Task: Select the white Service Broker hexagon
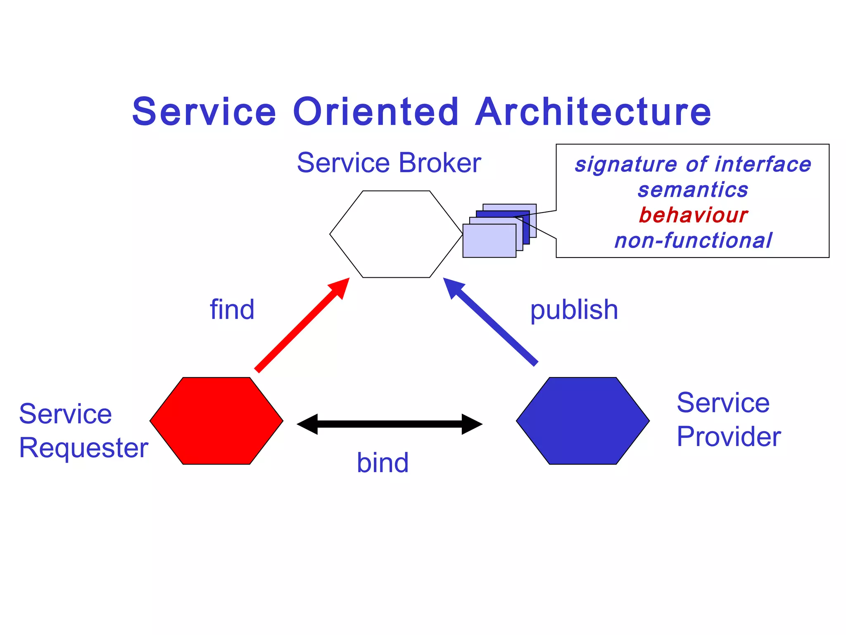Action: click(x=396, y=234)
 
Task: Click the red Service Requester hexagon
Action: click(x=216, y=421)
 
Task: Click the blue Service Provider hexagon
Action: click(x=582, y=421)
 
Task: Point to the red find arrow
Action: click(x=299, y=327)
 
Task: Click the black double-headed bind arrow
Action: click(x=390, y=424)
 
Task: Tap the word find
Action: click(x=232, y=310)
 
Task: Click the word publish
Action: click(x=574, y=310)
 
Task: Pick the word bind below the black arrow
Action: click(x=383, y=463)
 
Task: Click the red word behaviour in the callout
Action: click(x=693, y=215)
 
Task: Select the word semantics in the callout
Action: click(x=693, y=190)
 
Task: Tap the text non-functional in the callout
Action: click(x=693, y=241)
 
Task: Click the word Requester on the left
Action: click(x=83, y=448)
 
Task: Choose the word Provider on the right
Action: click(x=729, y=437)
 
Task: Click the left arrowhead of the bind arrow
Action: click(x=308, y=424)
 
